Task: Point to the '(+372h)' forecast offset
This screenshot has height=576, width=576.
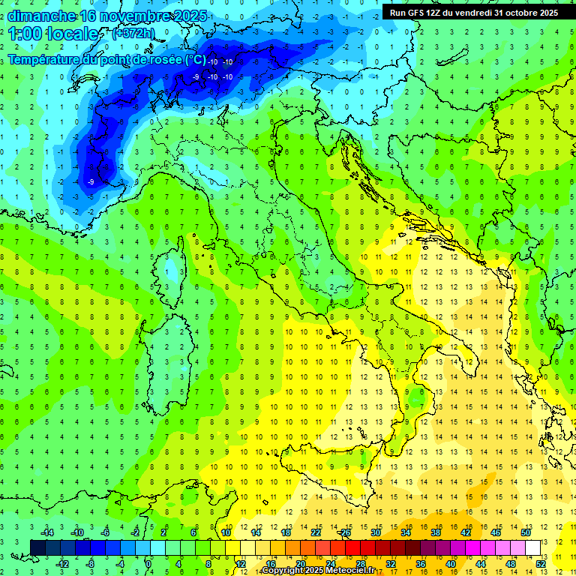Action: coord(134,34)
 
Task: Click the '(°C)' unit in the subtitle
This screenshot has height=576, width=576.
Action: coord(195,59)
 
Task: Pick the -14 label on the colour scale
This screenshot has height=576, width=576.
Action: coord(46,532)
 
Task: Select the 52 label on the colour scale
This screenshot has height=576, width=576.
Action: coord(541,563)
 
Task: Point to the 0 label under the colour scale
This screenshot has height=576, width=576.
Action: coord(148,563)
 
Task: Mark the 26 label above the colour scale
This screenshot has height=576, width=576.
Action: coord(344,532)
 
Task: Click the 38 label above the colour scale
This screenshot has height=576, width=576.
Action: coord(435,532)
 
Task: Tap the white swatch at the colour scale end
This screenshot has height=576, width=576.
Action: coord(532,547)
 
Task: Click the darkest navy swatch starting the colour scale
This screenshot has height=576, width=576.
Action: coord(37,547)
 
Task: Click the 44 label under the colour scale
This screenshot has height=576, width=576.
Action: coord(481,563)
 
